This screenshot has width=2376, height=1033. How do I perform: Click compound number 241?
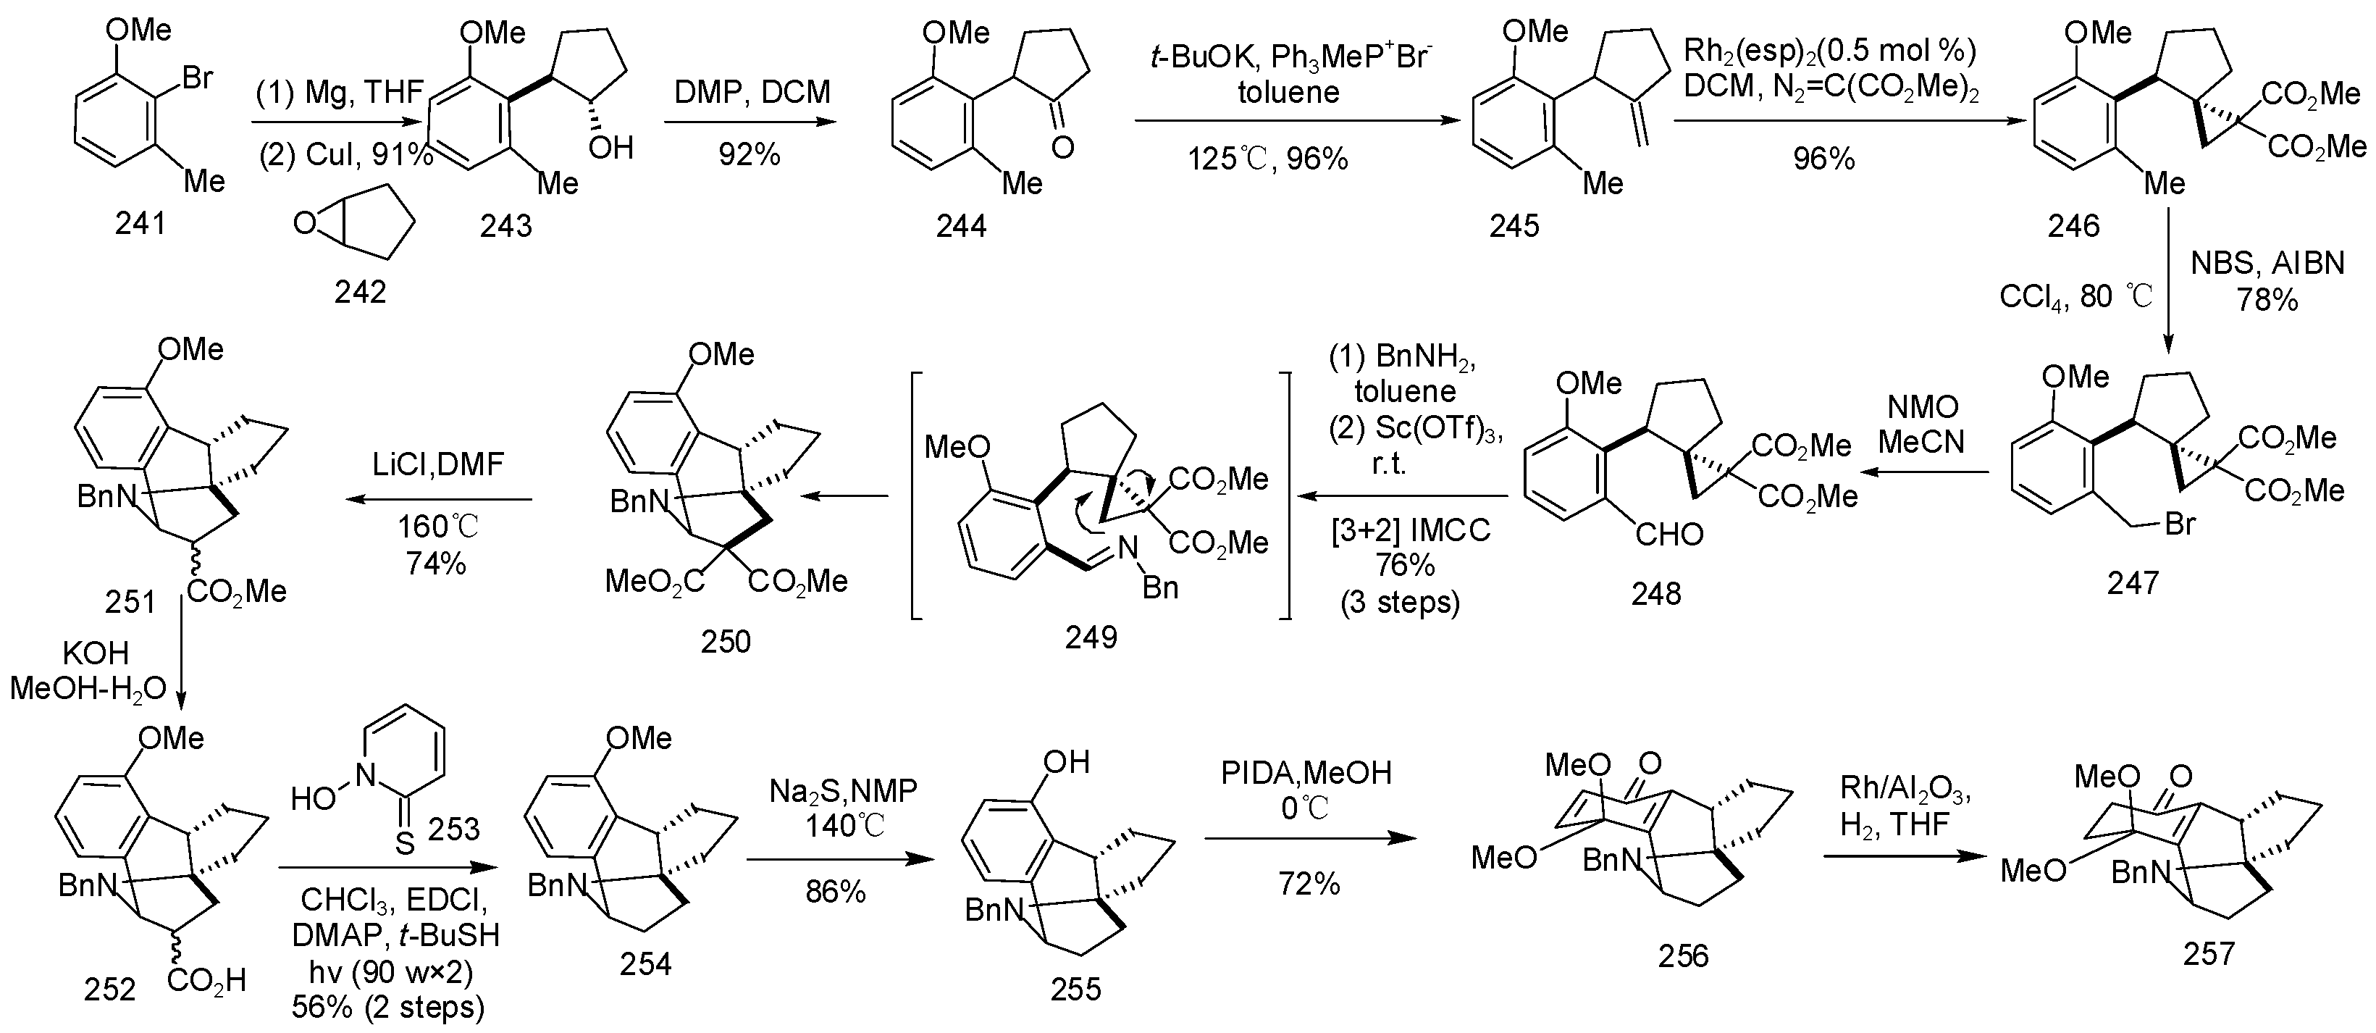coord(140,223)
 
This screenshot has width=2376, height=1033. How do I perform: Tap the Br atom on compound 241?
coord(198,78)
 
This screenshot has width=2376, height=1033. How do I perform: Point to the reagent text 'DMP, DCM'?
coord(752,91)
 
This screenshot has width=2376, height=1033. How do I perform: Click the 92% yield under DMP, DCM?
coord(749,154)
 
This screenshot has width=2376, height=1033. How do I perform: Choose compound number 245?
coord(1514,226)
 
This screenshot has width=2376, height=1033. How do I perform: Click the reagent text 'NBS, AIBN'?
coord(2267,264)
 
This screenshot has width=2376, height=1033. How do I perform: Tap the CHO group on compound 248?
coord(1668,534)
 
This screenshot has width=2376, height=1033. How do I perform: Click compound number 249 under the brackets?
coord(1091,637)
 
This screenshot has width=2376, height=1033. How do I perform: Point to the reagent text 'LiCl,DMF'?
coord(438,463)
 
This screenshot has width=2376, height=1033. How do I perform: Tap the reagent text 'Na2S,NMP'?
coord(843,790)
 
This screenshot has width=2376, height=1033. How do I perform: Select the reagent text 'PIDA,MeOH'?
coord(1306,773)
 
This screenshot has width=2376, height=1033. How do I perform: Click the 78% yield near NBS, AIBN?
coord(2267,301)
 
